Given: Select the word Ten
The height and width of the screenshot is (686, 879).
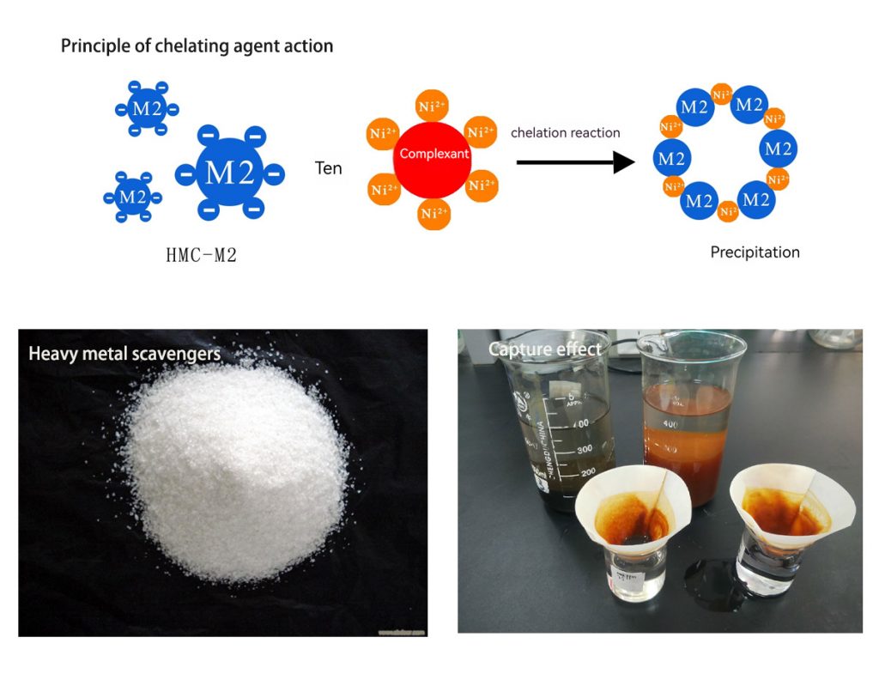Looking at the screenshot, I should pyautogui.click(x=328, y=168).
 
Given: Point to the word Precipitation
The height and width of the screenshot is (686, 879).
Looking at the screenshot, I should pyautogui.click(x=755, y=252).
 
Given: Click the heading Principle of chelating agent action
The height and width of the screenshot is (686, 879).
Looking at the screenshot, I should pyautogui.click(x=197, y=46).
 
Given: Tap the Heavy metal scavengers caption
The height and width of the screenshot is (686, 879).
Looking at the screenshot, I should pyautogui.click(x=124, y=353).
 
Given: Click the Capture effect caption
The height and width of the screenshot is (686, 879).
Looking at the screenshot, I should pyautogui.click(x=545, y=349).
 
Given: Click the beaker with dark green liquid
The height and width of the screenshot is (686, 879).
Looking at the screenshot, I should pyautogui.click(x=561, y=429).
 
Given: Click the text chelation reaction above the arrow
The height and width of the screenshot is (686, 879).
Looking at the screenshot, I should pyautogui.click(x=565, y=132).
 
